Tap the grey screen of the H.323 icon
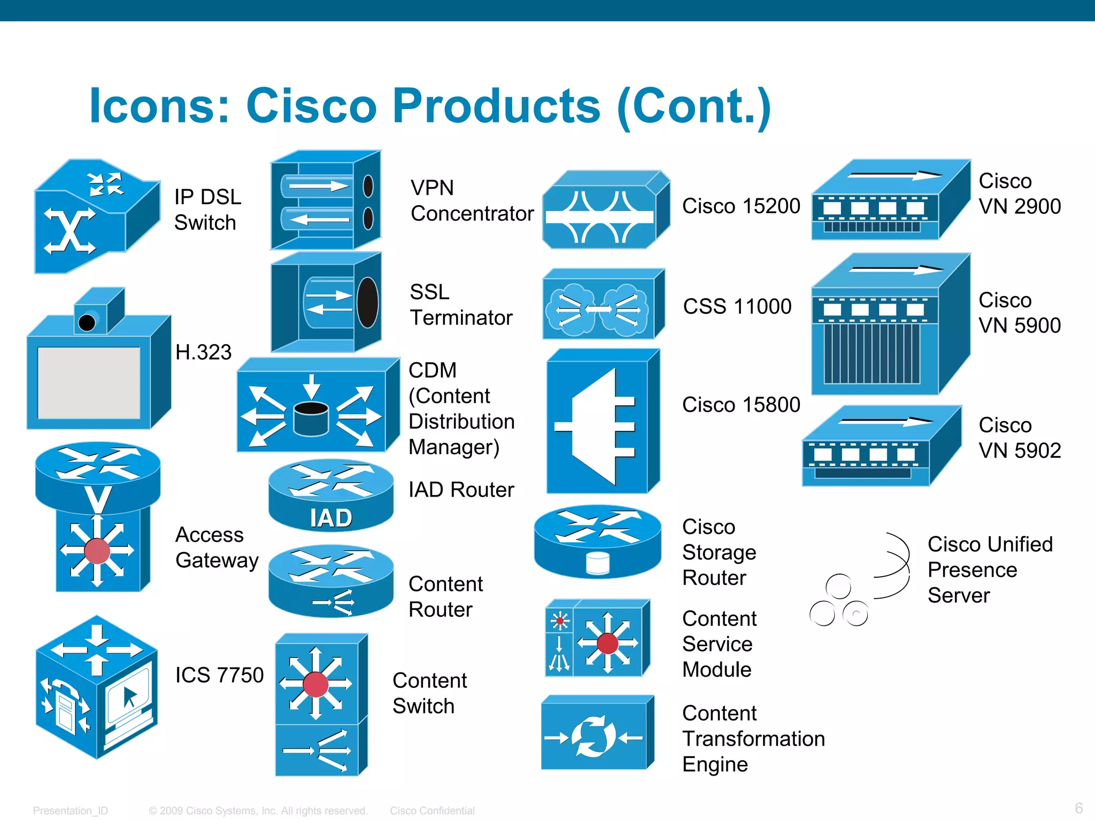[89, 383]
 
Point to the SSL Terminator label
[461, 305]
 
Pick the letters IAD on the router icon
[331, 518]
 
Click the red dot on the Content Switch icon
[315, 685]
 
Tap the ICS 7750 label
[219, 675]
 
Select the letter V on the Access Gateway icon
[98, 500]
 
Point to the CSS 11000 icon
[603, 305]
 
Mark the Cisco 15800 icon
[603, 422]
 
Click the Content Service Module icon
[597, 638]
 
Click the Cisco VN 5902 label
[1019, 438]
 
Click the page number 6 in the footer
[1078, 808]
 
